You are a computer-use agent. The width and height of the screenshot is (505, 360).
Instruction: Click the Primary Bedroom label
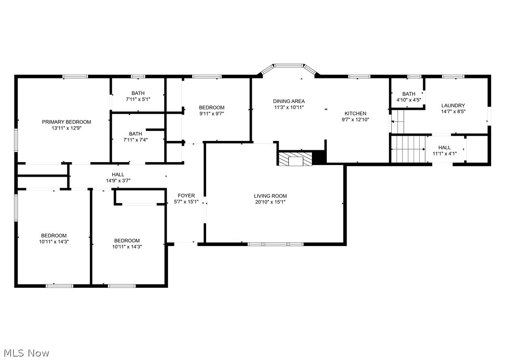pos(66,122)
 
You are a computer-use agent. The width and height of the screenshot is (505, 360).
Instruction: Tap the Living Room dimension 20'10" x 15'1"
pos(270,202)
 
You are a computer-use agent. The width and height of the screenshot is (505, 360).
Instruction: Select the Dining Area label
pos(289,101)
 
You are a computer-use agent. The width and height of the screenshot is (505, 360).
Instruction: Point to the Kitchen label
pos(355,114)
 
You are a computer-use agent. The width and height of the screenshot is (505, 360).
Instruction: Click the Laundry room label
pos(453,105)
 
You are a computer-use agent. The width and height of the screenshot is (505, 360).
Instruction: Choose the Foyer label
pos(186,195)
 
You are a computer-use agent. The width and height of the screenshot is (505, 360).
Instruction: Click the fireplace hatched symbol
pos(295,159)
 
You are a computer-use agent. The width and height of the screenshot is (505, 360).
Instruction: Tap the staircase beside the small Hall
pos(408,150)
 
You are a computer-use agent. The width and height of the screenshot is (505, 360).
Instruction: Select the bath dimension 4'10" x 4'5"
pos(409,100)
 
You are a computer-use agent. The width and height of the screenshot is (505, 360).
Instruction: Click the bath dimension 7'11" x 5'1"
pos(138,100)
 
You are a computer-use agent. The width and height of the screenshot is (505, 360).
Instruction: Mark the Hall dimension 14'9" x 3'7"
pos(118,181)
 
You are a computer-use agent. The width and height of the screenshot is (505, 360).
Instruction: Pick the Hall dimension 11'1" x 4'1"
pos(444,154)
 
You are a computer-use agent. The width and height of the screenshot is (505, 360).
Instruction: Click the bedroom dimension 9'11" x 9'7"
pos(212,114)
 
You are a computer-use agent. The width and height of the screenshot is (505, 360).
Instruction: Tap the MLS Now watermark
pos(25,353)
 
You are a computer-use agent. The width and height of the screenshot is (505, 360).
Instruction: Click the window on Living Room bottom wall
pos(275,244)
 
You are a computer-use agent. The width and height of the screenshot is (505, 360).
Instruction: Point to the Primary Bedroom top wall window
pos(75,76)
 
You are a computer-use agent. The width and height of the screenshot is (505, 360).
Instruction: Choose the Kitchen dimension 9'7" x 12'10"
pos(355,120)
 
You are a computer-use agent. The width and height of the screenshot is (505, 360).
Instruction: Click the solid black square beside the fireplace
pos(319,157)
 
